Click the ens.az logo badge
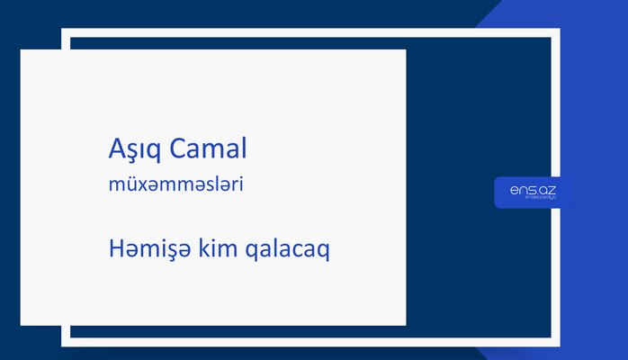tap(533, 192)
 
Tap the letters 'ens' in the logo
tap(521, 189)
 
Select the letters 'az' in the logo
tap(547, 189)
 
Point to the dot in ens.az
tap(535, 193)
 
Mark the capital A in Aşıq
tap(113, 148)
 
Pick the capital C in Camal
tap(175, 148)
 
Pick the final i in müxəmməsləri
tap(242, 184)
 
